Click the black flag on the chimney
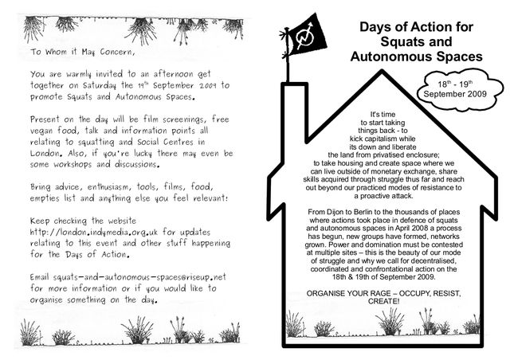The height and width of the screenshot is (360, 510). [x=304, y=37]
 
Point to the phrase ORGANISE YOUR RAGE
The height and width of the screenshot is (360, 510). [x=351, y=293]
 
